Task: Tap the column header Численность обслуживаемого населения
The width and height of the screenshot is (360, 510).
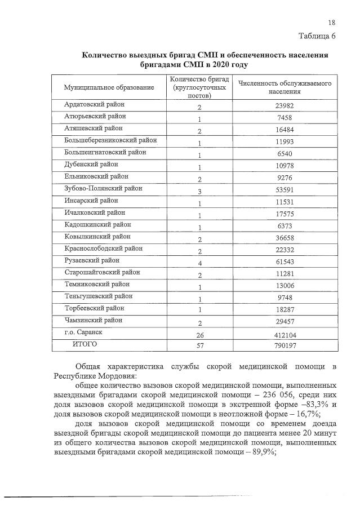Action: coord(285,87)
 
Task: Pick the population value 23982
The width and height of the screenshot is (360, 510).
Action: coord(285,106)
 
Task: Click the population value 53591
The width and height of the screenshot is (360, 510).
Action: coord(285,190)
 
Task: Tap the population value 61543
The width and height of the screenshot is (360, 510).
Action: coord(285,262)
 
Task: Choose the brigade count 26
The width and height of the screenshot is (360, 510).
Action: coord(199,334)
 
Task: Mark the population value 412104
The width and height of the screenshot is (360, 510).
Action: coord(285,334)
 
